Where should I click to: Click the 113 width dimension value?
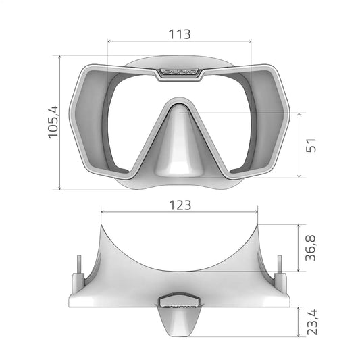coord(179,34)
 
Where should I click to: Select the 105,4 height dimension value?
coord(54,122)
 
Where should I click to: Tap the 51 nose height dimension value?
coord(311,146)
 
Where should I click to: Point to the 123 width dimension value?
coord(180,204)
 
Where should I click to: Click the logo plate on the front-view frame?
coord(180,72)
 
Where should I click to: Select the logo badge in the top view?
coord(179,299)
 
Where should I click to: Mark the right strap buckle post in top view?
coord(280,274)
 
